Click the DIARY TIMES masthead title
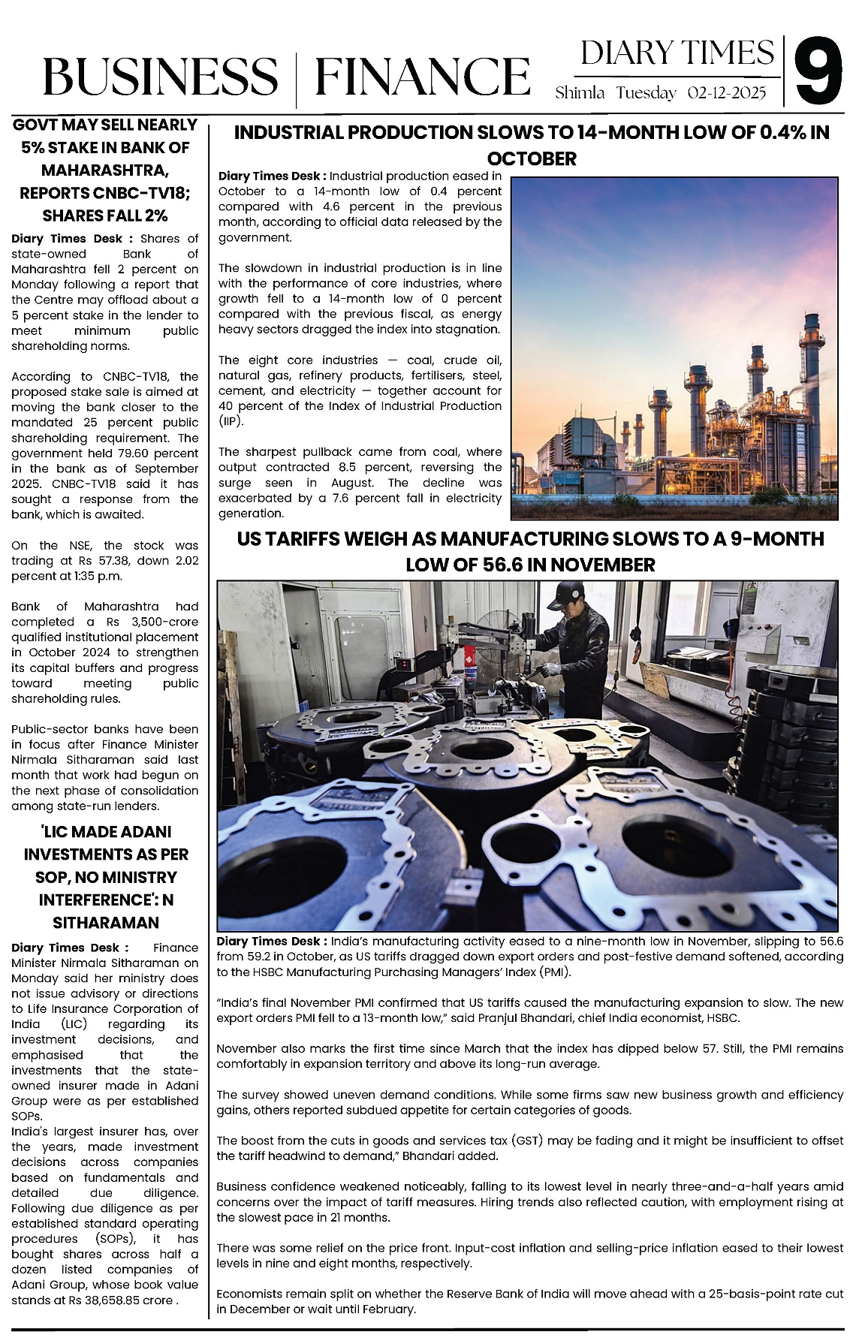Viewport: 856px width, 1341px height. [677, 53]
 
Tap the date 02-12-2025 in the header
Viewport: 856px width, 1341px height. [727, 93]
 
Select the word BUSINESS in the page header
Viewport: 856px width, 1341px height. [160, 77]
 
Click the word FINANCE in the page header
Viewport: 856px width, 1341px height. [422, 77]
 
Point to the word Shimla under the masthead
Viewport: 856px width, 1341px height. [580, 93]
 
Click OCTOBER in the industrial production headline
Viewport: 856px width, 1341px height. [532, 159]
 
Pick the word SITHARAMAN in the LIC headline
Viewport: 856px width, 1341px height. [105, 923]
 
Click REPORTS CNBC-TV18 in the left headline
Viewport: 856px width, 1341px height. [104, 193]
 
